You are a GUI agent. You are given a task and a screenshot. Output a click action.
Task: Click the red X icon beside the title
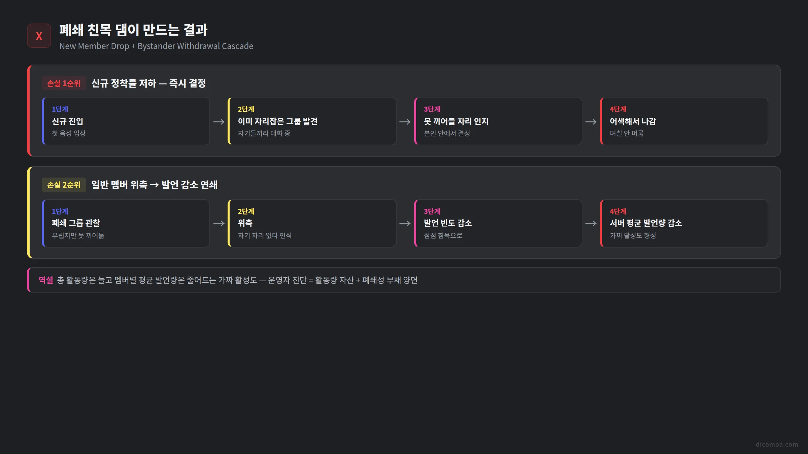coord(39,36)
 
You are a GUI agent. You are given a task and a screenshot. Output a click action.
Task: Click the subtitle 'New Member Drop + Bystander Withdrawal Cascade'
coord(156,46)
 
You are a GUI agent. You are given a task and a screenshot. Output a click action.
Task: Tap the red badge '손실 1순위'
coord(64,83)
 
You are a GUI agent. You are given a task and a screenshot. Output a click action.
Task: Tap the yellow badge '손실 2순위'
coord(64,185)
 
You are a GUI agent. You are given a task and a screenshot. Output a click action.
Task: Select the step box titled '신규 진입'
coord(126,121)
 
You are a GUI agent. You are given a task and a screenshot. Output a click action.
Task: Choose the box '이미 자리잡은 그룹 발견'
coord(312,121)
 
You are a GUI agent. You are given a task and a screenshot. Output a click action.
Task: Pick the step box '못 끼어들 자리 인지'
coord(498,121)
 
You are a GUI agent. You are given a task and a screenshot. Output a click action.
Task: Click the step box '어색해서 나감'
coord(684,121)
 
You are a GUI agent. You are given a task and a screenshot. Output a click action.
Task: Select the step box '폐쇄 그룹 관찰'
coord(126,223)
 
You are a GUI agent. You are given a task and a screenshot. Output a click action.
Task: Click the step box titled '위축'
coord(312,223)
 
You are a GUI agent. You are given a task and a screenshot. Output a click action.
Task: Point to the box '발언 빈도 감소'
coord(498,223)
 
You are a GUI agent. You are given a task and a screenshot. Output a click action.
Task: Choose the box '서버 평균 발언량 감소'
coord(684,223)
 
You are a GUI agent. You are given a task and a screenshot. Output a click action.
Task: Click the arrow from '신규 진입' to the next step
coord(219,122)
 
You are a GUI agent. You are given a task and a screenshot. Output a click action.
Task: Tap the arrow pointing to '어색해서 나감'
coord(591,122)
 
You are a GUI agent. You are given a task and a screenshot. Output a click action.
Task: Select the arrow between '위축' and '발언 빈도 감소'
coord(405,223)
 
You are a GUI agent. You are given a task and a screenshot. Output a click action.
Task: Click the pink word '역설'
coord(46,280)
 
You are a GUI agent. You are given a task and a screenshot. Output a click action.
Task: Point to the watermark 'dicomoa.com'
coord(777,444)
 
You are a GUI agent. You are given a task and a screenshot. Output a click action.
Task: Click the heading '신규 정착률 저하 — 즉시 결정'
coord(148,83)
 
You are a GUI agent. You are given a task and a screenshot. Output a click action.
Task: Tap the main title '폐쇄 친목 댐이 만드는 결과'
coord(134,30)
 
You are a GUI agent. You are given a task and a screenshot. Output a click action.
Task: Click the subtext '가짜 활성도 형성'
coord(633,235)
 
